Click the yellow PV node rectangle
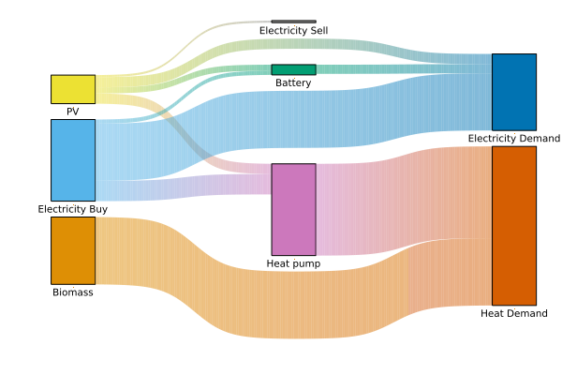point(73,89)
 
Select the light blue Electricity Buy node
point(73,159)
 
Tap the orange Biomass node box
point(73,250)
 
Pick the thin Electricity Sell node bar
point(293,21)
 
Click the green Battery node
point(293,69)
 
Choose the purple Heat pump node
point(293,209)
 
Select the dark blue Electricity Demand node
point(514,92)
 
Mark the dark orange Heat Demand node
point(514,225)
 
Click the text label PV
point(73,112)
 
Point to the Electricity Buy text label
point(73,209)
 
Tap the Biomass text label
point(73,292)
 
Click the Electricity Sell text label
point(293,31)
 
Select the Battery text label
point(293,82)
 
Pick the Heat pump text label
point(293,263)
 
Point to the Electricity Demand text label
point(514,139)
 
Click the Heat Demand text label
point(514,313)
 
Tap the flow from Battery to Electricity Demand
point(403,67)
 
